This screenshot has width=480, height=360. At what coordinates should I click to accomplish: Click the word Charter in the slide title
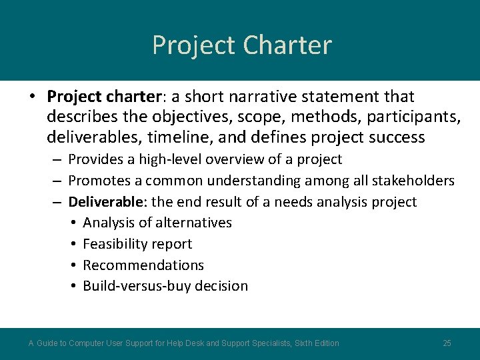point(287,45)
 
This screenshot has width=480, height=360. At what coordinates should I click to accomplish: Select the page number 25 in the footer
point(447,343)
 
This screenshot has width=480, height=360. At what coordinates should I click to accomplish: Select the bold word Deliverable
point(107,202)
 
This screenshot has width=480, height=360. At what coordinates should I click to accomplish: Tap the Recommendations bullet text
point(143,265)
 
